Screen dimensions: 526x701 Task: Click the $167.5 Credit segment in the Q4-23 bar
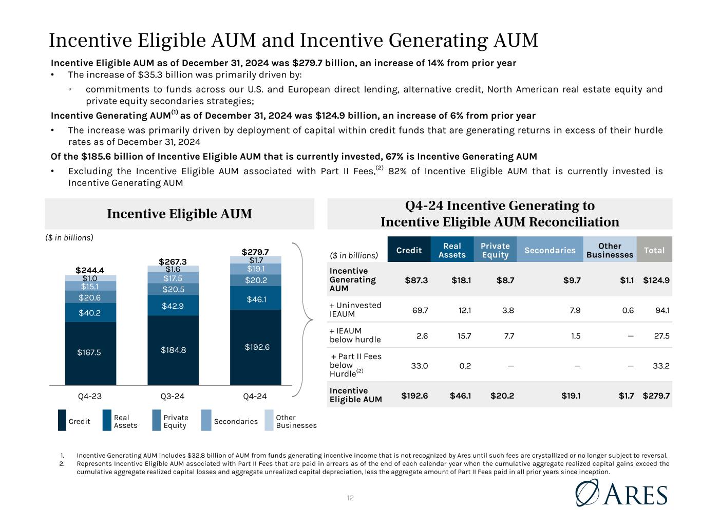(x=90, y=352)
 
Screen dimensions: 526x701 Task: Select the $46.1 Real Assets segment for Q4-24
(x=255, y=299)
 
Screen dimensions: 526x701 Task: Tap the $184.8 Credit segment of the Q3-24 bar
(x=173, y=350)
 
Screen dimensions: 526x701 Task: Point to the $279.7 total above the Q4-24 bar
(x=255, y=252)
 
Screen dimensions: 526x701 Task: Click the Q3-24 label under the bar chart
(x=173, y=397)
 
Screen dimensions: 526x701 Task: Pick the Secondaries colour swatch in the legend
(x=206, y=420)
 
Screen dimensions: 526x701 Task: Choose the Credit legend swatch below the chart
(x=62, y=420)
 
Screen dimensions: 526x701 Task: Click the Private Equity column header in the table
(x=495, y=250)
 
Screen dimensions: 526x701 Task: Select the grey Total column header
(x=654, y=250)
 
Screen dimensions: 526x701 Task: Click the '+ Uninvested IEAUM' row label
(x=355, y=310)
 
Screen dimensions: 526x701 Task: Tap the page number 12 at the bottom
(x=350, y=498)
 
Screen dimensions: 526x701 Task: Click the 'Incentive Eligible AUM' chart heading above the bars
(x=179, y=214)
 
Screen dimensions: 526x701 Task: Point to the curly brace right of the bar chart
(x=306, y=320)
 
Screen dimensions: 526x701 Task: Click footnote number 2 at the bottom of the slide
(x=62, y=463)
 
